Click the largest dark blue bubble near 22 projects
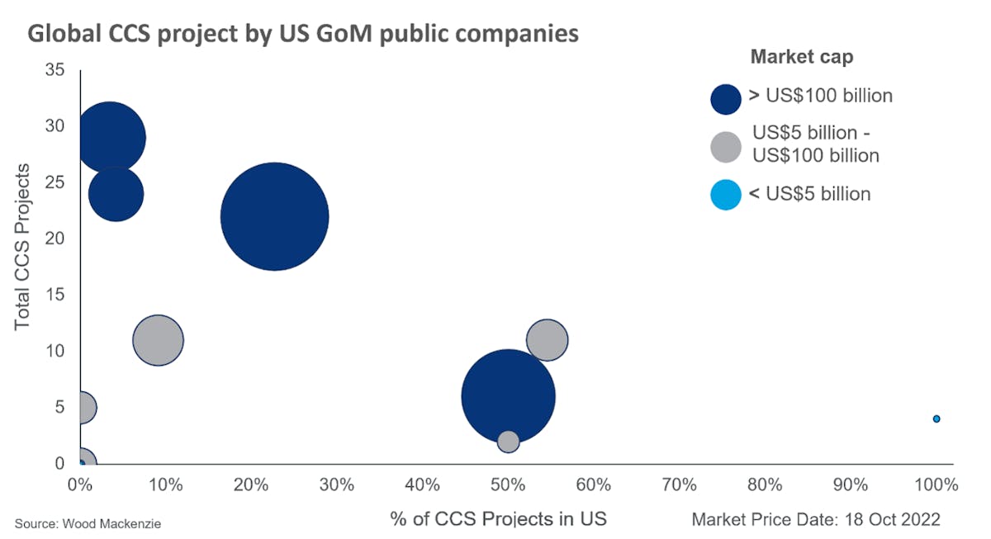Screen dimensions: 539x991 pos(275,216)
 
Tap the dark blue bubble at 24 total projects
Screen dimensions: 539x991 pos(116,194)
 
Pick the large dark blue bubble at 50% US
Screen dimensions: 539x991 pos(508,396)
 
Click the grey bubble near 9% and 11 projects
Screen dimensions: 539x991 pos(158,340)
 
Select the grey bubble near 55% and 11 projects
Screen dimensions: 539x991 pos(546,340)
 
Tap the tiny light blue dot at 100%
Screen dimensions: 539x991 pos(936,418)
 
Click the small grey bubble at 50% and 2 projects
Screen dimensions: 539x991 pos(509,442)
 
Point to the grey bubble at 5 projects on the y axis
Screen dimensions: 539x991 pos(82,407)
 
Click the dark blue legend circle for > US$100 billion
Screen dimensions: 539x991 pos(726,97)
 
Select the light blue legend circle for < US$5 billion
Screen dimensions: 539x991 pos(726,195)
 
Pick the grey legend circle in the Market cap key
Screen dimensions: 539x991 pos(726,146)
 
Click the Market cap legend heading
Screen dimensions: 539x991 pos(801,57)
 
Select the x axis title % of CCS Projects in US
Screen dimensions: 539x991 pos(498,519)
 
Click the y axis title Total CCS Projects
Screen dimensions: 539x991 pos(22,247)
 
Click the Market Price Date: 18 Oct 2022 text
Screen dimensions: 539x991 pos(815,519)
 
